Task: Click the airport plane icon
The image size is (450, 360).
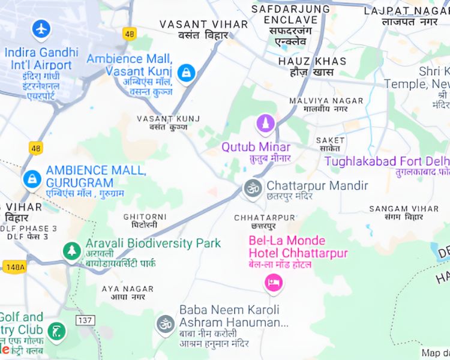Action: tap(41, 28)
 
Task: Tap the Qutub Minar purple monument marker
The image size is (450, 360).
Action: tap(265, 125)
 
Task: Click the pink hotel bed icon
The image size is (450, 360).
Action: tap(274, 281)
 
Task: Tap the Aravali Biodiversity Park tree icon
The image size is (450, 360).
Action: tap(72, 250)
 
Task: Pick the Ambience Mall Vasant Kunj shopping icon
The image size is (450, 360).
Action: tap(187, 73)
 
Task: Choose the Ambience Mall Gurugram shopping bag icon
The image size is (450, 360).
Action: tap(31, 178)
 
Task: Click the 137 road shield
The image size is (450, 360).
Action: tap(85, 320)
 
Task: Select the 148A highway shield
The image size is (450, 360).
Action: tap(13, 266)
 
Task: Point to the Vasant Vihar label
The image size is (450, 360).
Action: tap(203, 25)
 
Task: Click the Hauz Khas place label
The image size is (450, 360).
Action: tap(312, 61)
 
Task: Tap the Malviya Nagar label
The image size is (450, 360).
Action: tap(318, 101)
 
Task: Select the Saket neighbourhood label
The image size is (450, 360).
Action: tap(330, 140)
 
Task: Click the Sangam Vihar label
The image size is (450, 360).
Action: tap(404, 208)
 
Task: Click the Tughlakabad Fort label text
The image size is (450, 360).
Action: tap(386, 161)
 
